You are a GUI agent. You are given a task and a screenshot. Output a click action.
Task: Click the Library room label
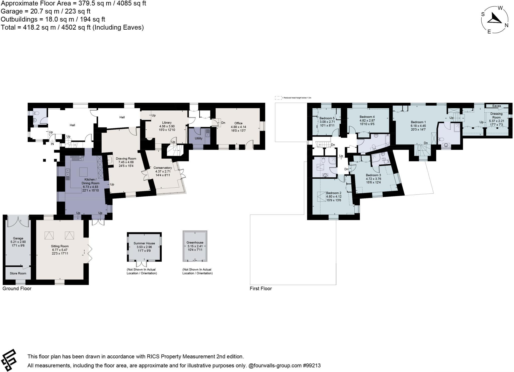coord(167,123)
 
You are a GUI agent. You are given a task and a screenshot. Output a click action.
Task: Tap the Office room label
coord(238,123)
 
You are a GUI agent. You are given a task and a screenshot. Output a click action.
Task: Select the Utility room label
coord(199,138)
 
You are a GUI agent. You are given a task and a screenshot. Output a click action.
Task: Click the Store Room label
coord(18,273)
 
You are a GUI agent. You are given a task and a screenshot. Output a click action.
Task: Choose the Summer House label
coord(144,243)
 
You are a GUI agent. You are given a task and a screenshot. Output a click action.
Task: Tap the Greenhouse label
coord(195,243)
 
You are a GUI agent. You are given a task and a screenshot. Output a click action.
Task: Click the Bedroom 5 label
coord(327,118)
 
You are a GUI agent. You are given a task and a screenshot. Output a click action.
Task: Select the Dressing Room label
coord(496,116)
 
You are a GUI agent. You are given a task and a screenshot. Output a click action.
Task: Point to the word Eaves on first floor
coord(496,106)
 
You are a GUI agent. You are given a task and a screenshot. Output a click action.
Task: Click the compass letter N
coord(506,25)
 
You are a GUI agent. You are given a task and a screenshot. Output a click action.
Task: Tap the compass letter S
coord(483,14)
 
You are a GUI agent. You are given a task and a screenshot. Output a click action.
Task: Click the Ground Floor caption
coord(17,288)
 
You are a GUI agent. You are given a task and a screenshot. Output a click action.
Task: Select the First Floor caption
coord(261,288)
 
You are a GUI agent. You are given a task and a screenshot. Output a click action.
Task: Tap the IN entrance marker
coord(52,144)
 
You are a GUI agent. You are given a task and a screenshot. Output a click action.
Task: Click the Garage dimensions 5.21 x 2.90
coord(18,242)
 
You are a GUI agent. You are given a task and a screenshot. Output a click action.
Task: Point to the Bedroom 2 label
coord(334,193)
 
